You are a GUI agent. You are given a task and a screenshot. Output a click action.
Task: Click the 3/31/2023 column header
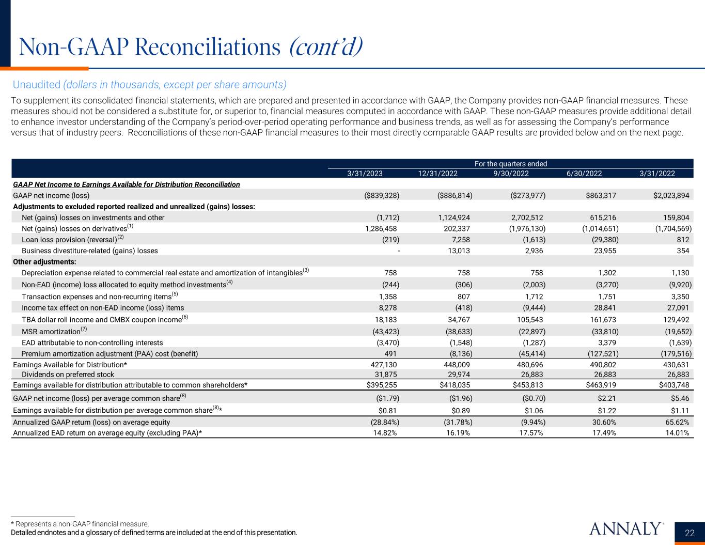click(x=364, y=174)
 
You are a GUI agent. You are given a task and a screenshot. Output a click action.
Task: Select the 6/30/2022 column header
click(x=584, y=174)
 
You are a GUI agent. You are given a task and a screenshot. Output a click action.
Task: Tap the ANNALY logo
click(x=625, y=528)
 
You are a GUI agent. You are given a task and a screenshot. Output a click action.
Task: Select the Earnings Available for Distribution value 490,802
click(x=601, y=364)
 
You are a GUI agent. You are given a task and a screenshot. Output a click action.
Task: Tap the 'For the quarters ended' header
click(x=510, y=164)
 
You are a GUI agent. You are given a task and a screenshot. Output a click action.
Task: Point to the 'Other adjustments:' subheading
click(x=44, y=261)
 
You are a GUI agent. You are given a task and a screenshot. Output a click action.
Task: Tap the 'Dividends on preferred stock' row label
click(x=68, y=374)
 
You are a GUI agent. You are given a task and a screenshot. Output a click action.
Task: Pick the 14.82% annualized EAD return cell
click(x=383, y=433)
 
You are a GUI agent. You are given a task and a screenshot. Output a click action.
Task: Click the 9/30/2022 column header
click(x=511, y=174)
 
